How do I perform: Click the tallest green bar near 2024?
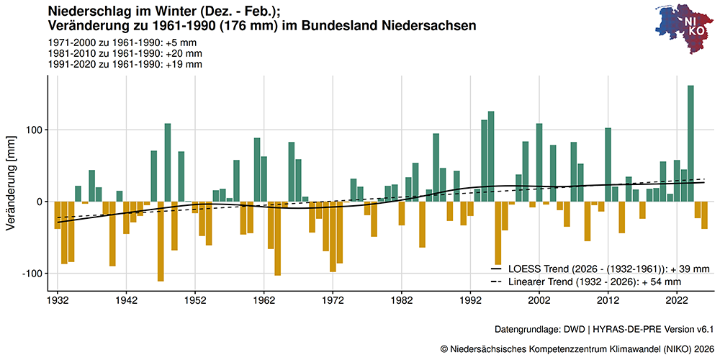(690, 144)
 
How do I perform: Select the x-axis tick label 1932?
(58, 299)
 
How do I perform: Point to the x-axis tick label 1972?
(333, 299)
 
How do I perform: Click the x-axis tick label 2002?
(539, 299)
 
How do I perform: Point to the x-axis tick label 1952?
(195, 299)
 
